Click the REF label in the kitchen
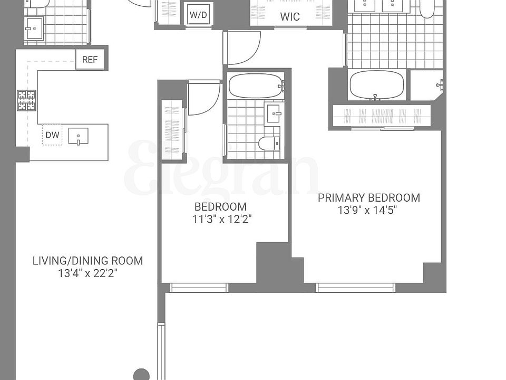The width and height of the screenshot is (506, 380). (x=90, y=60)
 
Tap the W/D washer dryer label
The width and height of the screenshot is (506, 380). (x=198, y=15)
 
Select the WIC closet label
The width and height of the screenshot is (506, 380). (x=290, y=16)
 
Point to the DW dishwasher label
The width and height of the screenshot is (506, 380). (x=52, y=135)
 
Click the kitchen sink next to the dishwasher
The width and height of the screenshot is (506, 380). (x=78, y=137)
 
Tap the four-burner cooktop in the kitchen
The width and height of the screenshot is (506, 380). (x=26, y=100)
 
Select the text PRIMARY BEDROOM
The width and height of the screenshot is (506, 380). (x=368, y=198)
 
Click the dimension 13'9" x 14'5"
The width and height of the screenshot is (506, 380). (x=367, y=210)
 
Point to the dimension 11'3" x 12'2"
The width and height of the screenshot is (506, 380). (x=222, y=219)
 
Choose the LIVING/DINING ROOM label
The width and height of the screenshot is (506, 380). (x=87, y=261)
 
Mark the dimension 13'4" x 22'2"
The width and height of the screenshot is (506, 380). (x=87, y=273)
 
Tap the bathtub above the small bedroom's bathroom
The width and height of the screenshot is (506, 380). (x=256, y=85)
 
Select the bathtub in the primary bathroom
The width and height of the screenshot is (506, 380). (x=376, y=84)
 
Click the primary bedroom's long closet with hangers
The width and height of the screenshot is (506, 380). (x=382, y=116)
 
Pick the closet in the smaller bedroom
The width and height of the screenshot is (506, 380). (x=172, y=129)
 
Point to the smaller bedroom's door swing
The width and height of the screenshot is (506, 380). (x=203, y=99)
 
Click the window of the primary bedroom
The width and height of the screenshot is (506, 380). (x=355, y=288)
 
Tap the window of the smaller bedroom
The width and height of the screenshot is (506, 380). (x=199, y=288)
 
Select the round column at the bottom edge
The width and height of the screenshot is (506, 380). (x=141, y=375)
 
